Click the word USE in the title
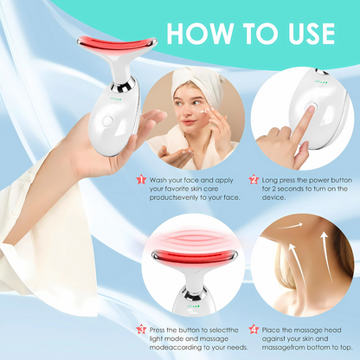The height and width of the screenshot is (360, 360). [x=311, y=34]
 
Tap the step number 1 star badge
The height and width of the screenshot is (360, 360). [x=141, y=180]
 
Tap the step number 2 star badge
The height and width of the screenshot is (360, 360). [x=254, y=180]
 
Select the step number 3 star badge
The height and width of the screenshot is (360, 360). [x=141, y=330]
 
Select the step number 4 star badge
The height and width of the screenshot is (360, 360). [x=254, y=330]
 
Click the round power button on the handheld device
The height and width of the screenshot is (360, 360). [x=108, y=121]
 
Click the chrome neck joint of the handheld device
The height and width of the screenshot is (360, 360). [x=124, y=84]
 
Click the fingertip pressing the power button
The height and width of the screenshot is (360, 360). [x=311, y=109]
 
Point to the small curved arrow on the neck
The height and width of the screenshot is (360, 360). [x=291, y=226]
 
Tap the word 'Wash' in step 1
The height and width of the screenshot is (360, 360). [x=158, y=180]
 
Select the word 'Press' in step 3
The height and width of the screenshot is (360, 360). [x=157, y=330]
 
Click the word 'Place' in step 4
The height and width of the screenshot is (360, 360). [x=271, y=330]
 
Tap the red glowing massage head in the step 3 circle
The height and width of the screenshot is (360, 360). [x=195, y=257]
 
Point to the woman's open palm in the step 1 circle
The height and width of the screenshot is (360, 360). [x=176, y=153]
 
